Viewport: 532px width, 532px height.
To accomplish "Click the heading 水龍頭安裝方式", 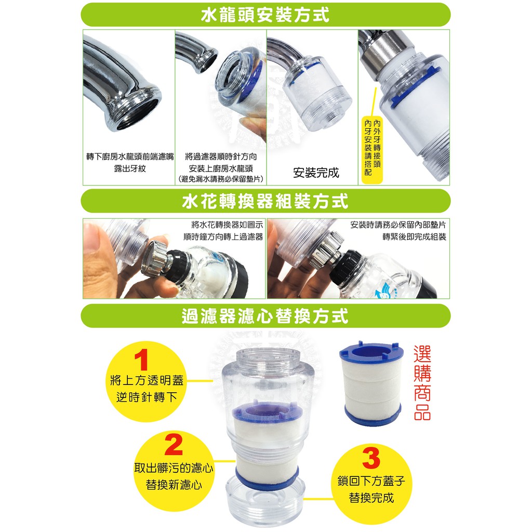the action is coord(265,15).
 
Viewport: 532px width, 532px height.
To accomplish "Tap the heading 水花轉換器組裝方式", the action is coord(265,201).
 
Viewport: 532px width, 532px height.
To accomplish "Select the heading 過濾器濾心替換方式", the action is coord(265,316).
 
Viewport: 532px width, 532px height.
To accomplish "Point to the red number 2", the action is coord(174,445).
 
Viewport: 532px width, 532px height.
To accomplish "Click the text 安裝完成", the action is coord(316,172).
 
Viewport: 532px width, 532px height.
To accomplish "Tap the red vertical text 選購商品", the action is coord(422,383).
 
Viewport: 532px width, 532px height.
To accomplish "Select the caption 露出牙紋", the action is coord(129,168).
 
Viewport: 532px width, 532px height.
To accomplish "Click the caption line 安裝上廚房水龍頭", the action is coord(221,168).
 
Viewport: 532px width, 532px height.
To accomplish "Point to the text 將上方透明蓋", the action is coord(147,380).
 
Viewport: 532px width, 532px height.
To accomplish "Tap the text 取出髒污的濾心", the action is coord(174,468).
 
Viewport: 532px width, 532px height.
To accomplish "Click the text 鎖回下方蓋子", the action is coord(371,481).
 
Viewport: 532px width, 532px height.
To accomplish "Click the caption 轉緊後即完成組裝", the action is coord(414,237).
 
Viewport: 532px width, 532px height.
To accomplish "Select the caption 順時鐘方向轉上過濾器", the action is coord(223,237).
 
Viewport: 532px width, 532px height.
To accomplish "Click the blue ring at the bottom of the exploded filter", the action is coord(267,478).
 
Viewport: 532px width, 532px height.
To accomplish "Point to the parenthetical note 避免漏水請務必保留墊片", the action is coord(221,179).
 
